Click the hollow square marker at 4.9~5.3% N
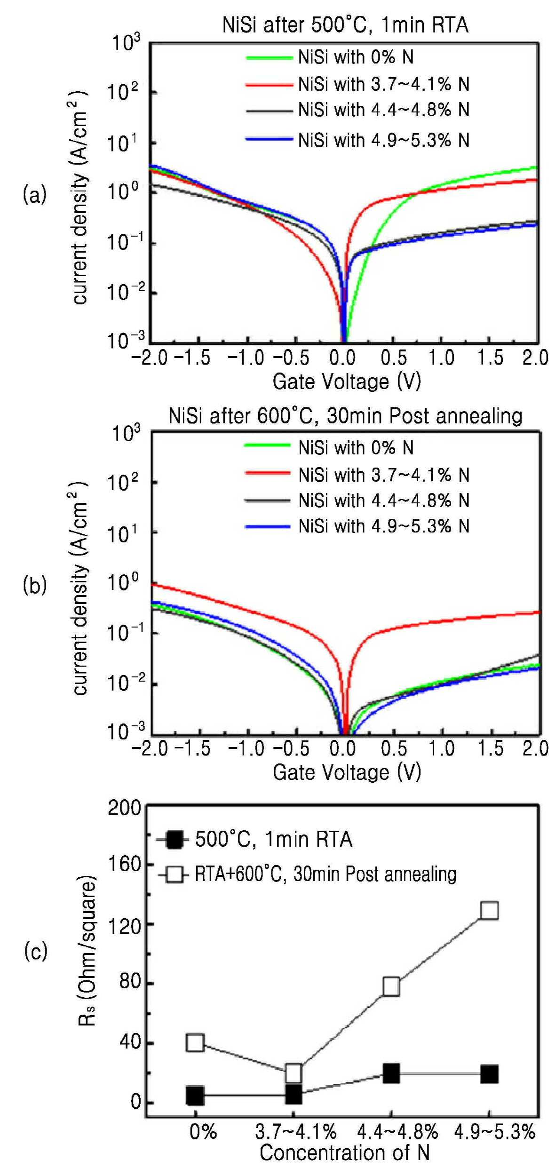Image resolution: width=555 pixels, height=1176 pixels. point(489,910)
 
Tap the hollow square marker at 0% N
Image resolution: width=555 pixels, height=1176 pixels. point(195,1042)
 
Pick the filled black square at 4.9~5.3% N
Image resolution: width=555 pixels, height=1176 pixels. point(489,1074)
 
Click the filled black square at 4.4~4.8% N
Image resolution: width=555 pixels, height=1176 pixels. point(391,1073)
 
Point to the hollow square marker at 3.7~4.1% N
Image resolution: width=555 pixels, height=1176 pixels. point(293,1073)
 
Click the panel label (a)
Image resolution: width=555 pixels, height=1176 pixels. point(35,194)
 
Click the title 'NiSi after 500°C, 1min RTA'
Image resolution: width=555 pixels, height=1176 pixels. point(345,25)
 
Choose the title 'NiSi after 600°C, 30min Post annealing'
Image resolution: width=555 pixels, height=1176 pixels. point(345,416)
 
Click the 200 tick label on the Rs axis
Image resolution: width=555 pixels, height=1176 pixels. point(124,808)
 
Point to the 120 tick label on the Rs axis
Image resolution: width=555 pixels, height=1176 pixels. point(124,926)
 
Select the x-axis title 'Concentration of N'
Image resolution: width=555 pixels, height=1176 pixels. point(345,1153)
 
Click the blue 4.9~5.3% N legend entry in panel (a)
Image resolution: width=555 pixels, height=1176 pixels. point(357,140)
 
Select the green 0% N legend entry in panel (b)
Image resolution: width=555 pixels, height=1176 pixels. point(329,447)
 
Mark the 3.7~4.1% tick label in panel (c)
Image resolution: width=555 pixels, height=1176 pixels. point(296,1132)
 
